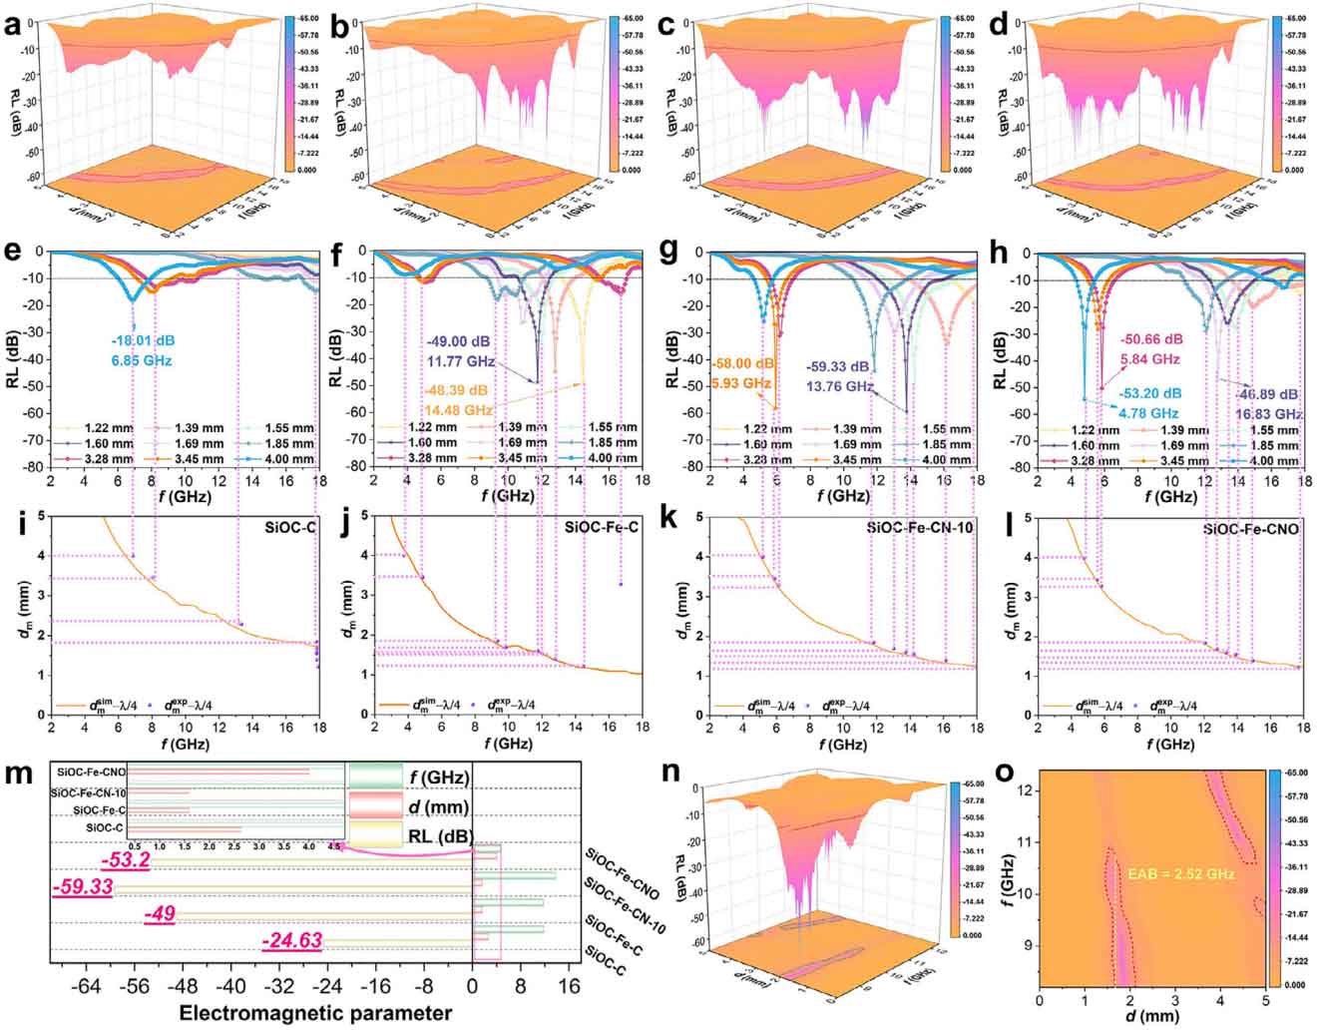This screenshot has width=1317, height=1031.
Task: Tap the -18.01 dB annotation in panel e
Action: tap(143, 340)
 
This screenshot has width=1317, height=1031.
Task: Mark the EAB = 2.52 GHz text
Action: tap(1181, 874)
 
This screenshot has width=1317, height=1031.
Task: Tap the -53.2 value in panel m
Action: tap(126, 860)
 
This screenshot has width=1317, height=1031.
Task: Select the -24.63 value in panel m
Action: tap(291, 939)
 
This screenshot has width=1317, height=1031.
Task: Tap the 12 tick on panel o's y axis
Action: tap(1023, 789)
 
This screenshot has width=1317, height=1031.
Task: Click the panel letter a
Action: tap(12, 27)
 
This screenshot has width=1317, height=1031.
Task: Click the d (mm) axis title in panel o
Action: tap(1151, 1017)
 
